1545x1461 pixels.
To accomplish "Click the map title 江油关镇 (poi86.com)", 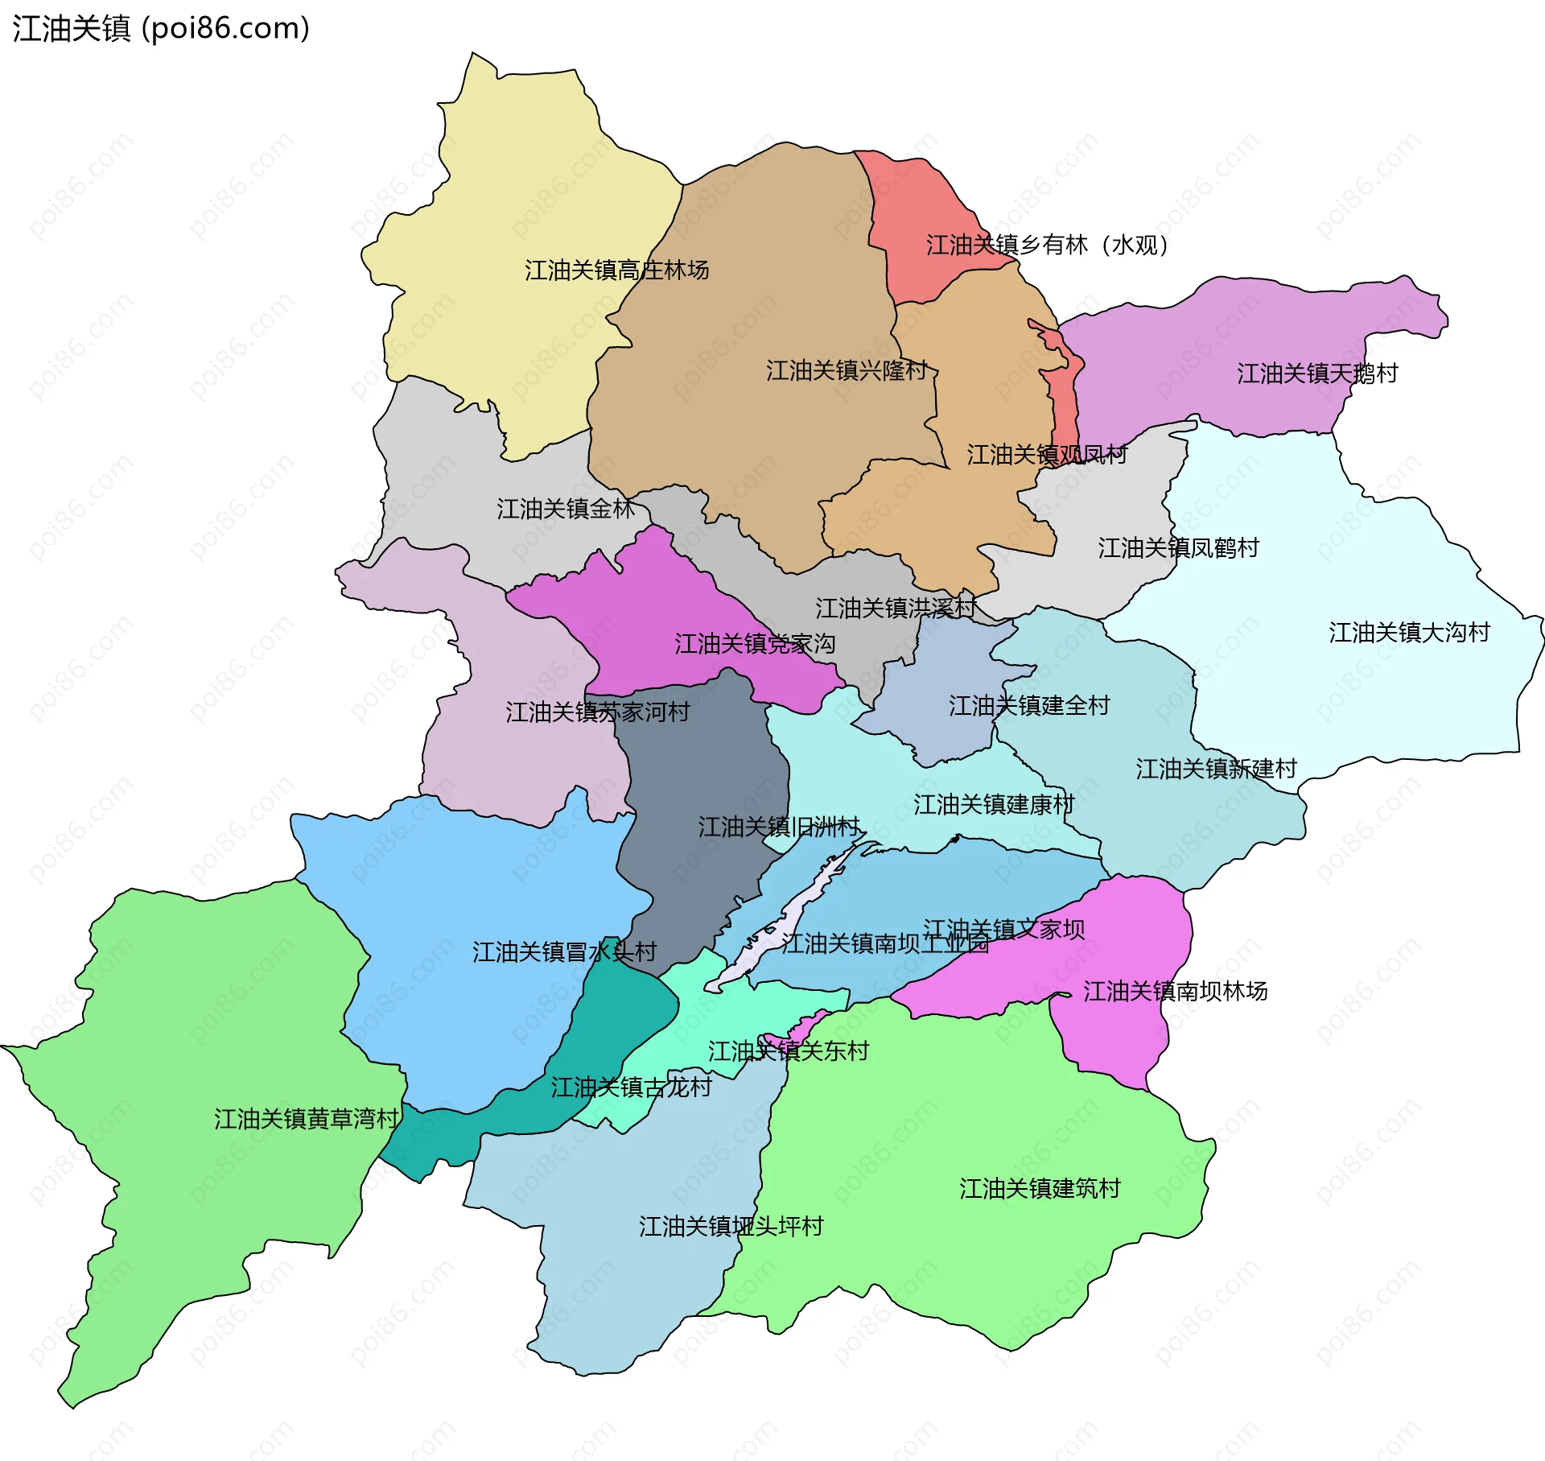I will (161, 29).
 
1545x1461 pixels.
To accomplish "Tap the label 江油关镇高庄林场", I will (616, 270).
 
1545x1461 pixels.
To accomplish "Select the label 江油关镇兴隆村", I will (847, 371).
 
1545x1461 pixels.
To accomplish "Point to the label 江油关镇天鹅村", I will (1317, 374).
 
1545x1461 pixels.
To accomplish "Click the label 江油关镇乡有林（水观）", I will (1046, 245).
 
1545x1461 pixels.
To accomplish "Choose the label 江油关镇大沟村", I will (1409, 633).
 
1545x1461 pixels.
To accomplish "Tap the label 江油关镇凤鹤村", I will (1178, 548).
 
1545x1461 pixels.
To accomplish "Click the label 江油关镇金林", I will (566, 509).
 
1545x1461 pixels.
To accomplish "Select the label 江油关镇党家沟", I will (754, 644).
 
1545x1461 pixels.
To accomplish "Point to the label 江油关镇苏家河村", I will (597, 712).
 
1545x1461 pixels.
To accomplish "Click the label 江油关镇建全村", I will (1028, 706).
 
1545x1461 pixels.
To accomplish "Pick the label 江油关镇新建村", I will (1216, 769).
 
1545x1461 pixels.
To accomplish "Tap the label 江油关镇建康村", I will (994, 804).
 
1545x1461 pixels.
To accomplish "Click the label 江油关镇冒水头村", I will (564, 952).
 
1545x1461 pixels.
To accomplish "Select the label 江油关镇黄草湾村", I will (307, 1119).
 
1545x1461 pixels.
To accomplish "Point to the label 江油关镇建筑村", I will (1040, 1189).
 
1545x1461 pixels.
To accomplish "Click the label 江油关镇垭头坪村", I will (731, 1227).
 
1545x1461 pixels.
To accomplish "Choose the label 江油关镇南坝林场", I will (1175, 991).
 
